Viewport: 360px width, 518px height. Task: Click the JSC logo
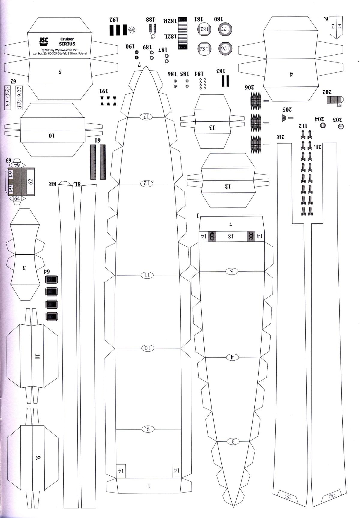[43, 41]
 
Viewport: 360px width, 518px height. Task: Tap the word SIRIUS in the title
[67, 44]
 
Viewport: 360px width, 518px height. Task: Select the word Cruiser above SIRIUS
[67, 39]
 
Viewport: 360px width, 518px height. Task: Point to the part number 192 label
[114, 20]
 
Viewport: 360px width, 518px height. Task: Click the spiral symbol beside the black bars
[132, 30]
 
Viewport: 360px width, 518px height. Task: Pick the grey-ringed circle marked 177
[225, 29]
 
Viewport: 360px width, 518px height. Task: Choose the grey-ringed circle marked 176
[225, 49]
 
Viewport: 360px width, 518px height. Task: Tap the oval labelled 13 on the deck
[146, 117]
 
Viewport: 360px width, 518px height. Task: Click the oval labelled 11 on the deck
[147, 275]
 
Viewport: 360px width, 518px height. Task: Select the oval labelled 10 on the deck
[147, 348]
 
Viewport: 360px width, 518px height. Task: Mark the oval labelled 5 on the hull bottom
[232, 271]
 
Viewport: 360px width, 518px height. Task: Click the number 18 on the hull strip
[230, 236]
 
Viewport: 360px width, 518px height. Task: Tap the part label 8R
[53, 184]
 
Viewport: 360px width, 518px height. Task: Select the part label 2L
[318, 147]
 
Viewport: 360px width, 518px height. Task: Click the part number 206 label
[249, 87]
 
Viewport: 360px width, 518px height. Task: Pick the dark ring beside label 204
[323, 126]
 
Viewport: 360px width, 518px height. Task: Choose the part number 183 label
[220, 71]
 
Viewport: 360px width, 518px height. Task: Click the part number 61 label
[97, 140]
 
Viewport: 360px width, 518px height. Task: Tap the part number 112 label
[303, 126]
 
